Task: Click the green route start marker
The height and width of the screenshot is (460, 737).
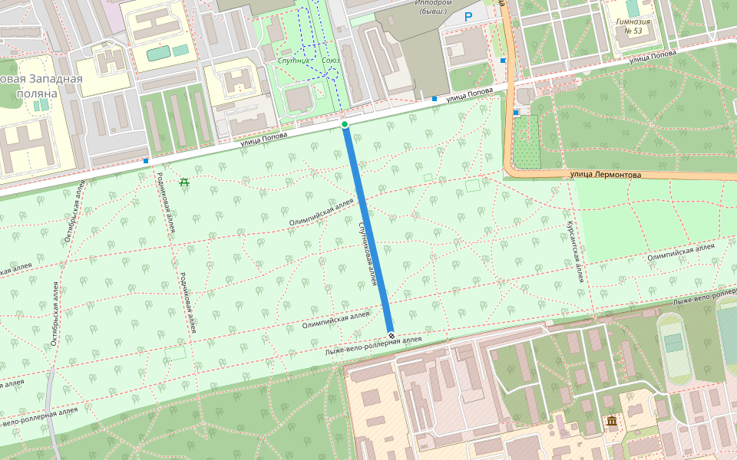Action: click(x=345, y=124)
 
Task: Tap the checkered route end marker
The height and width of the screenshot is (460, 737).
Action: click(x=392, y=336)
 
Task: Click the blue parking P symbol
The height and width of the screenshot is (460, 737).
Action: click(x=468, y=16)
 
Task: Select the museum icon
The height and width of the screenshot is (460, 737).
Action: click(x=612, y=422)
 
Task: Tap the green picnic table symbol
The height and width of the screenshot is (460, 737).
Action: click(x=183, y=182)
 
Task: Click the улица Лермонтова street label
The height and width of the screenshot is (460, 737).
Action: click(x=606, y=175)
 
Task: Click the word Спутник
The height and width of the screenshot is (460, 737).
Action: click(x=296, y=60)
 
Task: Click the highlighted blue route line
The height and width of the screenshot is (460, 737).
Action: click(x=368, y=230)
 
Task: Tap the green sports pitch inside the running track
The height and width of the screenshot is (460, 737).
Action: click(x=673, y=342)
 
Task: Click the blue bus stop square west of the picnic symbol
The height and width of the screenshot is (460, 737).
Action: click(x=146, y=161)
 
